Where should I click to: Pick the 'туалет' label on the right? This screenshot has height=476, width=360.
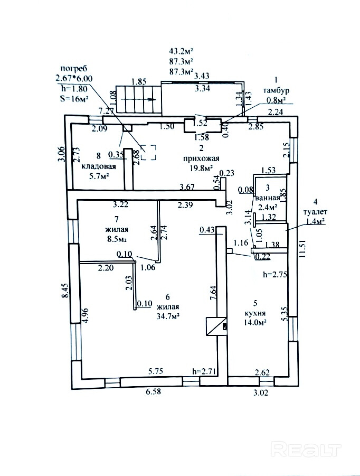click(x=315, y=211)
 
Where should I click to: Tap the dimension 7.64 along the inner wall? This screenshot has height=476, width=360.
click(x=213, y=292)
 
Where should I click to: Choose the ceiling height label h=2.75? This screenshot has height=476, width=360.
click(x=274, y=275)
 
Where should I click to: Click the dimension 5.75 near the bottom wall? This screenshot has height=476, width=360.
click(x=156, y=371)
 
